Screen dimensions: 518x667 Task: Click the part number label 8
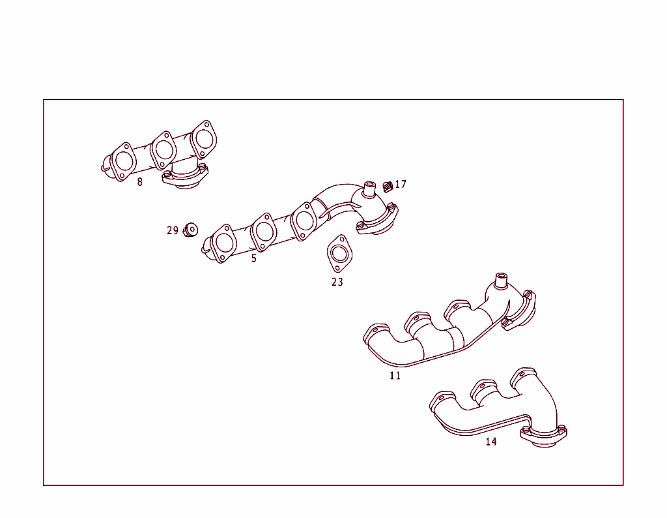[x=139, y=182]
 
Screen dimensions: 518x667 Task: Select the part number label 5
[x=254, y=258]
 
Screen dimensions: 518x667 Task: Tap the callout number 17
[x=401, y=185]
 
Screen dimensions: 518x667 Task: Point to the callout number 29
[x=172, y=230]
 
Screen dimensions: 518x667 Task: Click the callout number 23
[x=337, y=282]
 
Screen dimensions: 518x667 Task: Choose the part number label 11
[x=395, y=376]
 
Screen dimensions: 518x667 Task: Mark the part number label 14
[x=491, y=442]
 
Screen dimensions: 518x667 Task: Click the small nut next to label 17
[x=387, y=187]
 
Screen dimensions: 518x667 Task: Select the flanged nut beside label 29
[x=191, y=230]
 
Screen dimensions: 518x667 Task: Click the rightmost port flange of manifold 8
[x=204, y=138]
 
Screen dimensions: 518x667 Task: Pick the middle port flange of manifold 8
[x=163, y=150]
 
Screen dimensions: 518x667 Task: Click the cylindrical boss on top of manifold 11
[x=500, y=281]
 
